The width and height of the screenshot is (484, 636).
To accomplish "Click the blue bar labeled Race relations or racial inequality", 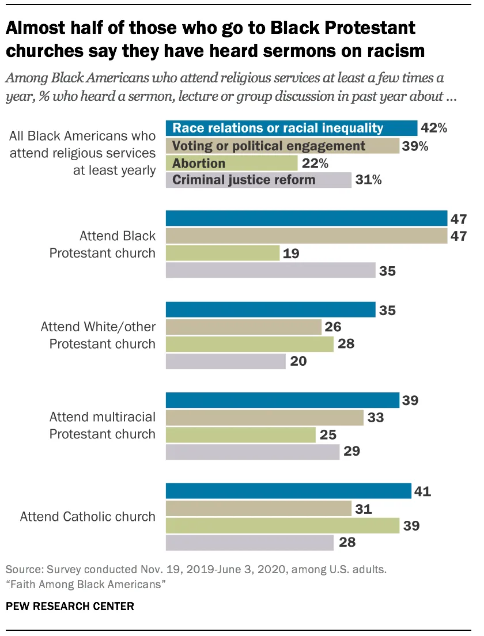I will [x=291, y=128].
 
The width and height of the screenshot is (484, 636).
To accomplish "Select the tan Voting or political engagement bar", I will [x=282, y=146].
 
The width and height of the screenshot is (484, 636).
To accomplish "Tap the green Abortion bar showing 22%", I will [x=232, y=163].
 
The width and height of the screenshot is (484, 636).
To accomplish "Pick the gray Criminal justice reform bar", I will [x=259, y=180].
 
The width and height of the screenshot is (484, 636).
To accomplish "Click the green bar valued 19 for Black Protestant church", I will [x=222, y=253].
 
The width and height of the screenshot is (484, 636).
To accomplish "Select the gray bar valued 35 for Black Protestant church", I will [x=270, y=270].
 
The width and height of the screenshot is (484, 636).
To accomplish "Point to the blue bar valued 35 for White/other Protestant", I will [x=270, y=310].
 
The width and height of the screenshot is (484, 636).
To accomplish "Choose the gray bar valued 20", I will [x=225, y=361].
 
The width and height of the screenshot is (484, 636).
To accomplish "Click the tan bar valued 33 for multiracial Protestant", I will [x=264, y=417].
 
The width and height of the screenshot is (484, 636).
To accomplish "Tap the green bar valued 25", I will [x=240, y=434].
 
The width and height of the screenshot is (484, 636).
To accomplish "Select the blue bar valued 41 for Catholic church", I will [x=288, y=491].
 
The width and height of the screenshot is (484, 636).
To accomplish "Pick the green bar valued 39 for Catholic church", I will [x=282, y=525].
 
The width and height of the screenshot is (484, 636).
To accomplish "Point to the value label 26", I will [x=333, y=327].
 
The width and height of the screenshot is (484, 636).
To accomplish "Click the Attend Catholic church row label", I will [x=88, y=516].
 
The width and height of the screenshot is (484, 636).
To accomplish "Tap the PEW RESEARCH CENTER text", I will [x=70, y=606].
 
